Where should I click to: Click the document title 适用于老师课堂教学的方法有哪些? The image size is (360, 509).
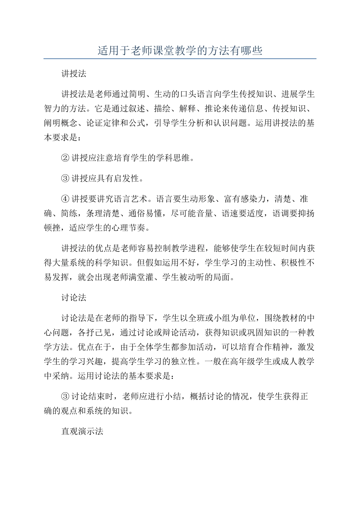(180, 50)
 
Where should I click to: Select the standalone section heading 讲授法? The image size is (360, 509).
(74, 74)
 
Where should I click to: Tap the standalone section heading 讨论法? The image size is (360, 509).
(74, 298)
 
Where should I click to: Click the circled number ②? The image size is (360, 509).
(65, 158)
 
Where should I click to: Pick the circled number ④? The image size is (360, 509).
(65, 199)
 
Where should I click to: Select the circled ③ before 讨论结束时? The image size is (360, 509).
(65, 397)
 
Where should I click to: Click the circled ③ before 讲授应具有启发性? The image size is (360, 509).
(65, 178)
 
